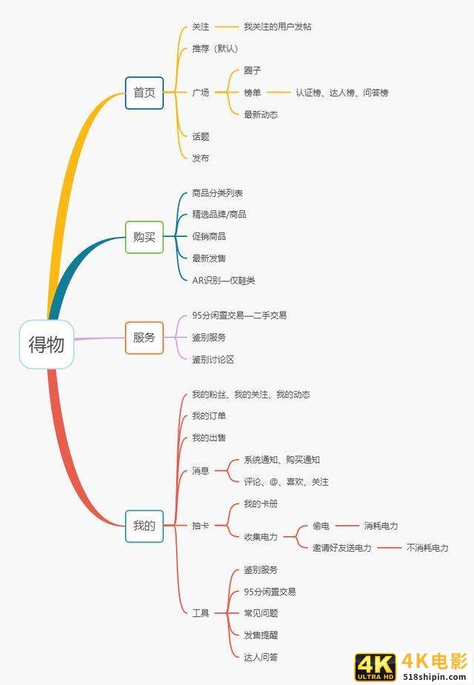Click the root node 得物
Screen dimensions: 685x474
point(47,344)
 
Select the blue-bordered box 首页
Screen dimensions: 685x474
point(144,93)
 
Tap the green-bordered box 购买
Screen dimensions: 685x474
point(144,237)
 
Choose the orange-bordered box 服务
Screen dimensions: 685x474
point(144,338)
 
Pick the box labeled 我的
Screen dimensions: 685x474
point(144,526)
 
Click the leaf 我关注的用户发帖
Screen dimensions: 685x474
point(278,27)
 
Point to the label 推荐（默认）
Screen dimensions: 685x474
point(215,49)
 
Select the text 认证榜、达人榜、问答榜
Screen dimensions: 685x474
point(342,93)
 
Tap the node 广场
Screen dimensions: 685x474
point(201,93)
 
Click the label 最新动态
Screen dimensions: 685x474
point(261,115)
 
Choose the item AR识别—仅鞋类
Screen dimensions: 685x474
point(224,281)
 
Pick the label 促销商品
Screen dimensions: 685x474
point(209,236)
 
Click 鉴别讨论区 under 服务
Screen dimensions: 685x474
point(213,360)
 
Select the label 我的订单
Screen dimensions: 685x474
point(209,416)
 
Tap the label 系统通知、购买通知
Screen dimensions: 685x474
point(281,460)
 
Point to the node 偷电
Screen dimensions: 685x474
point(321,526)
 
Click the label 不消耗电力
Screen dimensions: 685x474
point(427,548)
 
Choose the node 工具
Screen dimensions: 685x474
point(201,613)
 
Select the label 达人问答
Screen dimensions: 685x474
point(261,657)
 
